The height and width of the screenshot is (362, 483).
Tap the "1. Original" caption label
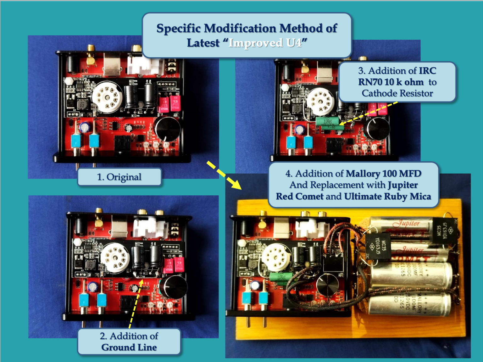coord(119,177)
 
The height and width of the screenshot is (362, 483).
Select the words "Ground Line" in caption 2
coord(129,347)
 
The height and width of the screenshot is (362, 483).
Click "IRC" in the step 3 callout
coord(427,71)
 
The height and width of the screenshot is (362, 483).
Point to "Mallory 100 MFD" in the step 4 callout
coord(383,174)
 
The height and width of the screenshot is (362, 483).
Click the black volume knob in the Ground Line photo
coord(173,287)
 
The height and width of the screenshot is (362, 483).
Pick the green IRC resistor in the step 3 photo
coord(328,123)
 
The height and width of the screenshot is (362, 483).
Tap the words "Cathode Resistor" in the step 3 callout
coord(397,93)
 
